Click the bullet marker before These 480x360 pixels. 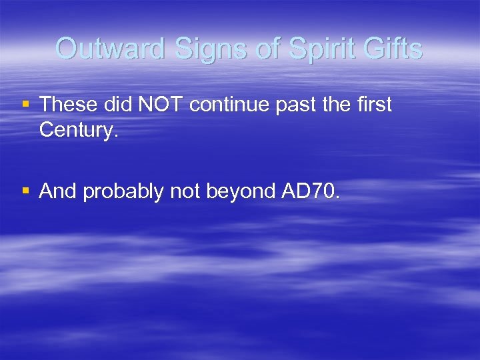[26, 105]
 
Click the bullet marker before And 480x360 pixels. [26, 191]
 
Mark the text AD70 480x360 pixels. [311, 191]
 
